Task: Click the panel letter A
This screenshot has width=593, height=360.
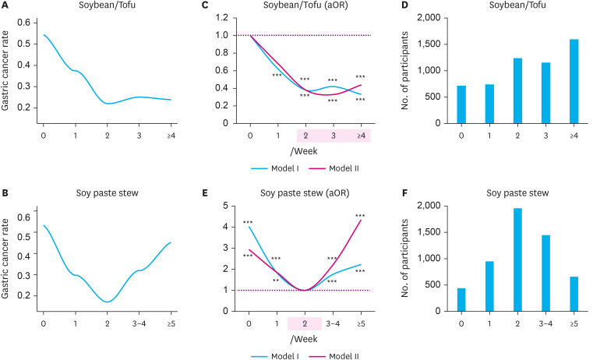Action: coord(6,6)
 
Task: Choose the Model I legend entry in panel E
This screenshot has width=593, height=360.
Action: coord(270,355)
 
